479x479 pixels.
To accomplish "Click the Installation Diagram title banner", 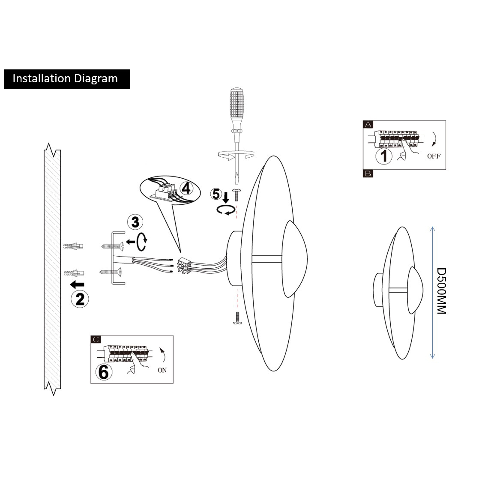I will click(66, 79).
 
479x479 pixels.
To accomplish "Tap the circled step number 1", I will click(383, 156).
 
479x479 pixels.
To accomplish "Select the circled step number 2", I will click(80, 299).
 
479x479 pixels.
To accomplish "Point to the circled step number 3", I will click(135, 222).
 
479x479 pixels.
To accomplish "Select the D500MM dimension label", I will click(441, 291).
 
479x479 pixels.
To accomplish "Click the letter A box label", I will click(368, 124).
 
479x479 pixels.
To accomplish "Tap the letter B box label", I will click(368, 174).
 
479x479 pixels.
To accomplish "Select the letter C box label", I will click(96, 340).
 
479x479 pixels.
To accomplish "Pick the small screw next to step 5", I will click(236, 195).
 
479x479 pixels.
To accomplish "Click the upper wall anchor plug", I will click(73, 246).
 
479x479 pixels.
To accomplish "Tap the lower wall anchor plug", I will click(73, 272).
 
